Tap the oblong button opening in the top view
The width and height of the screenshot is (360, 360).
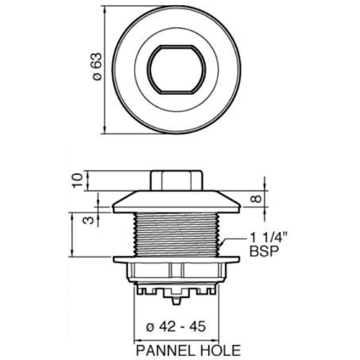click(x=177, y=70)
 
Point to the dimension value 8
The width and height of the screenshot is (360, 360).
click(x=254, y=198)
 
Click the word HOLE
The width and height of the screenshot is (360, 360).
click(x=218, y=350)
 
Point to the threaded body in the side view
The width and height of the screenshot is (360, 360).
click(x=177, y=234)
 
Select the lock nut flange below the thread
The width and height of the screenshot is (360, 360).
click(x=177, y=260)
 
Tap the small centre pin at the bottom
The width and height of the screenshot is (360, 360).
click(x=177, y=297)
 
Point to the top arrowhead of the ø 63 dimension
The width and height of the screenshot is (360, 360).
click(x=104, y=9)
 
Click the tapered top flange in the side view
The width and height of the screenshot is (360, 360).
click(x=177, y=201)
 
